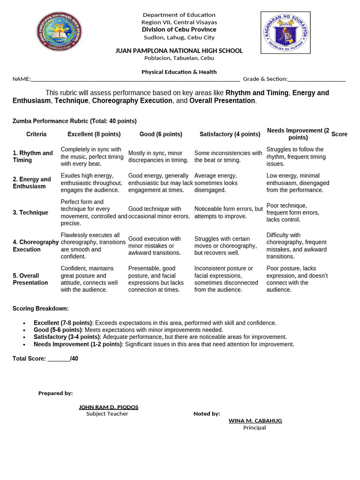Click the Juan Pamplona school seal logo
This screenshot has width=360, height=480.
click(59, 31)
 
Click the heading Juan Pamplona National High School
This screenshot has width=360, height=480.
click(179, 51)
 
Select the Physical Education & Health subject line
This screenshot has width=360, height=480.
click(179, 72)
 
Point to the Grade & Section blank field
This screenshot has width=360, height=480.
click(317, 79)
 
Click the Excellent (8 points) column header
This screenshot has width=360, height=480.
click(94, 134)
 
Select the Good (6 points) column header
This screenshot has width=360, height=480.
click(161, 134)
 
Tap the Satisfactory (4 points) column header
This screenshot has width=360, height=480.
click(230, 134)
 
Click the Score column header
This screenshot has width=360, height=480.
click(339, 134)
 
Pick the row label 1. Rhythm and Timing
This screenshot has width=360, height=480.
click(33, 157)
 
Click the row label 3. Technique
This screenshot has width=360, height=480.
click(30, 212)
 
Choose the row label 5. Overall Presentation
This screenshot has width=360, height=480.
click(30, 279)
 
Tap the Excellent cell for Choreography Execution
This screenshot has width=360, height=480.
click(93, 246)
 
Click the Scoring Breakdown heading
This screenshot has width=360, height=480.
click(41, 308)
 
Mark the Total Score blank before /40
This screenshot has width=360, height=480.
click(59, 359)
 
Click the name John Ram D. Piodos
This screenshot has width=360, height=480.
click(108, 407)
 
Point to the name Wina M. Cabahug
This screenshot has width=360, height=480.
click(255, 420)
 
